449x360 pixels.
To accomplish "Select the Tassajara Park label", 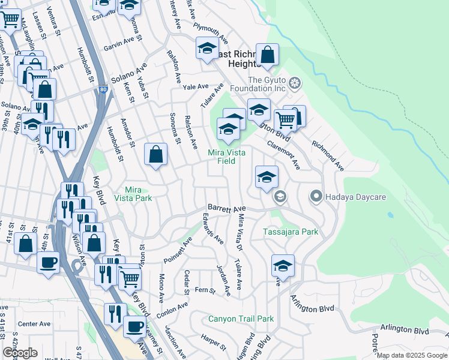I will click(x=291, y=232).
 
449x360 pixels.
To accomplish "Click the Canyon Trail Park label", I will click(x=241, y=319).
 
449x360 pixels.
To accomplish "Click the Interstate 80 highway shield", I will click(x=103, y=90).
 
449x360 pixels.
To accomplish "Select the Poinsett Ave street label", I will click(x=178, y=250).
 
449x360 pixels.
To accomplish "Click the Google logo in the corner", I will click(x=20, y=353).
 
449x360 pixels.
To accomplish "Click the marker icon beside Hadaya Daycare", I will click(x=317, y=196).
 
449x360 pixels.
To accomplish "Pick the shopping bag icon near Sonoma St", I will click(x=156, y=154).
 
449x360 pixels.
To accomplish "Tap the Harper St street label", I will click(x=212, y=344).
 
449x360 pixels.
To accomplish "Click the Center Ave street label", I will click(x=34, y=324).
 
